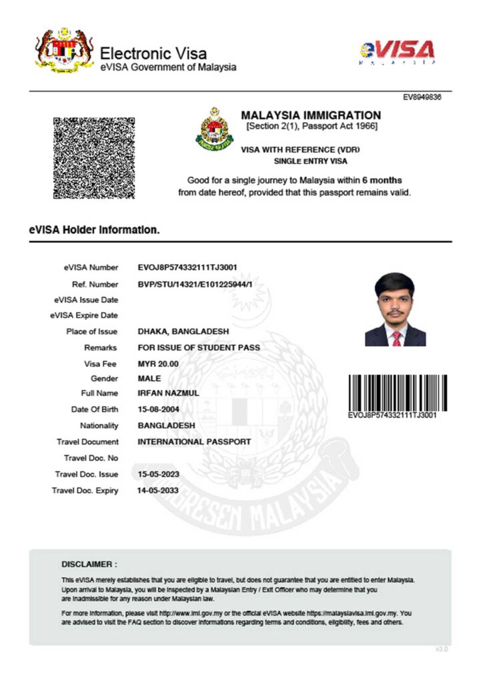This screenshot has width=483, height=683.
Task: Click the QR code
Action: coord(93,157)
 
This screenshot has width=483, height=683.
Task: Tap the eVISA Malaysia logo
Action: coord(397,52)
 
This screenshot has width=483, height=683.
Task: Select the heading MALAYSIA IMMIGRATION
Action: coord(311,115)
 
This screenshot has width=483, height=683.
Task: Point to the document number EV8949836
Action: coord(422,97)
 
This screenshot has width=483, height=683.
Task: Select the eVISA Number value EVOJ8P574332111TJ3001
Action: coord(187,267)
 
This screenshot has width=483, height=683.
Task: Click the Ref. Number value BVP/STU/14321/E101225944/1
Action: coord(195,285)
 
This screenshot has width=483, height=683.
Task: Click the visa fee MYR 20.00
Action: coord(158,364)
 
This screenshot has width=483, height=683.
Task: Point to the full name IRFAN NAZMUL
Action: coord(168,393)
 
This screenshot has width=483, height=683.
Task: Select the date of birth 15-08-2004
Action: coord(158,409)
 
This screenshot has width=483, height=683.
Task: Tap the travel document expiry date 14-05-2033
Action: coord(158,490)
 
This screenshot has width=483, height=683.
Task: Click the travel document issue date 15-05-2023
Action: coord(158,474)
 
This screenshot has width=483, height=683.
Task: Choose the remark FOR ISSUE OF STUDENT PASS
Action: coord(198,348)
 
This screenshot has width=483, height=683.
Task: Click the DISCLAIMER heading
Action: coord(89,564)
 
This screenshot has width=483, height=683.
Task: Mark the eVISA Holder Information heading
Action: coord(94,230)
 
